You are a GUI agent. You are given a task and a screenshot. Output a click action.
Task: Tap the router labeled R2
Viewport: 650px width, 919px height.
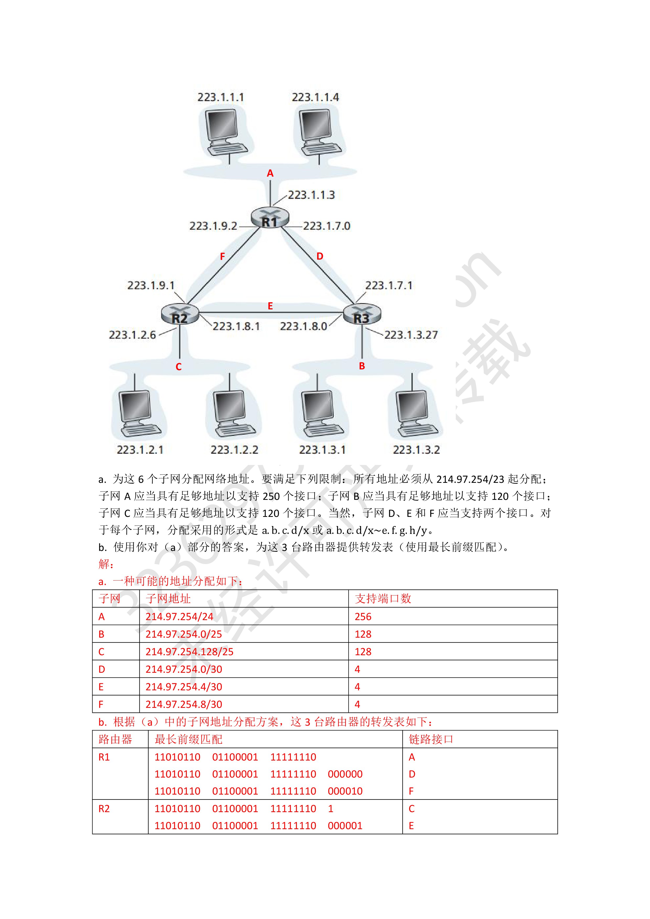(x=180, y=314)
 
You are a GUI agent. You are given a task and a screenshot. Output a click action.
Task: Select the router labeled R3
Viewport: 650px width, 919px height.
(x=362, y=314)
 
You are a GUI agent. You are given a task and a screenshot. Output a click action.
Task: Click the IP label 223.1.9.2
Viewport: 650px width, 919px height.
(x=213, y=226)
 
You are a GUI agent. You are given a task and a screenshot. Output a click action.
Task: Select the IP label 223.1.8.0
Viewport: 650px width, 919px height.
(x=303, y=327)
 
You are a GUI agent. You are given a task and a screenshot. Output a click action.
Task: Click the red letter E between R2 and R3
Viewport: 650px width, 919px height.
(x=270, y=306)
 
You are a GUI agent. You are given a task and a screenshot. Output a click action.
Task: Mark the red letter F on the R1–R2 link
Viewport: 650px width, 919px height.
(x=223, y=256)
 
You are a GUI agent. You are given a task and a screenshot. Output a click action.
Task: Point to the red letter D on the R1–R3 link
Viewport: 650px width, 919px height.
(x=319, y=256)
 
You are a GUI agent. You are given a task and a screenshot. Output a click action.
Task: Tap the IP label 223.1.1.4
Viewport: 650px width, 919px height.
(x=315, y=97)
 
